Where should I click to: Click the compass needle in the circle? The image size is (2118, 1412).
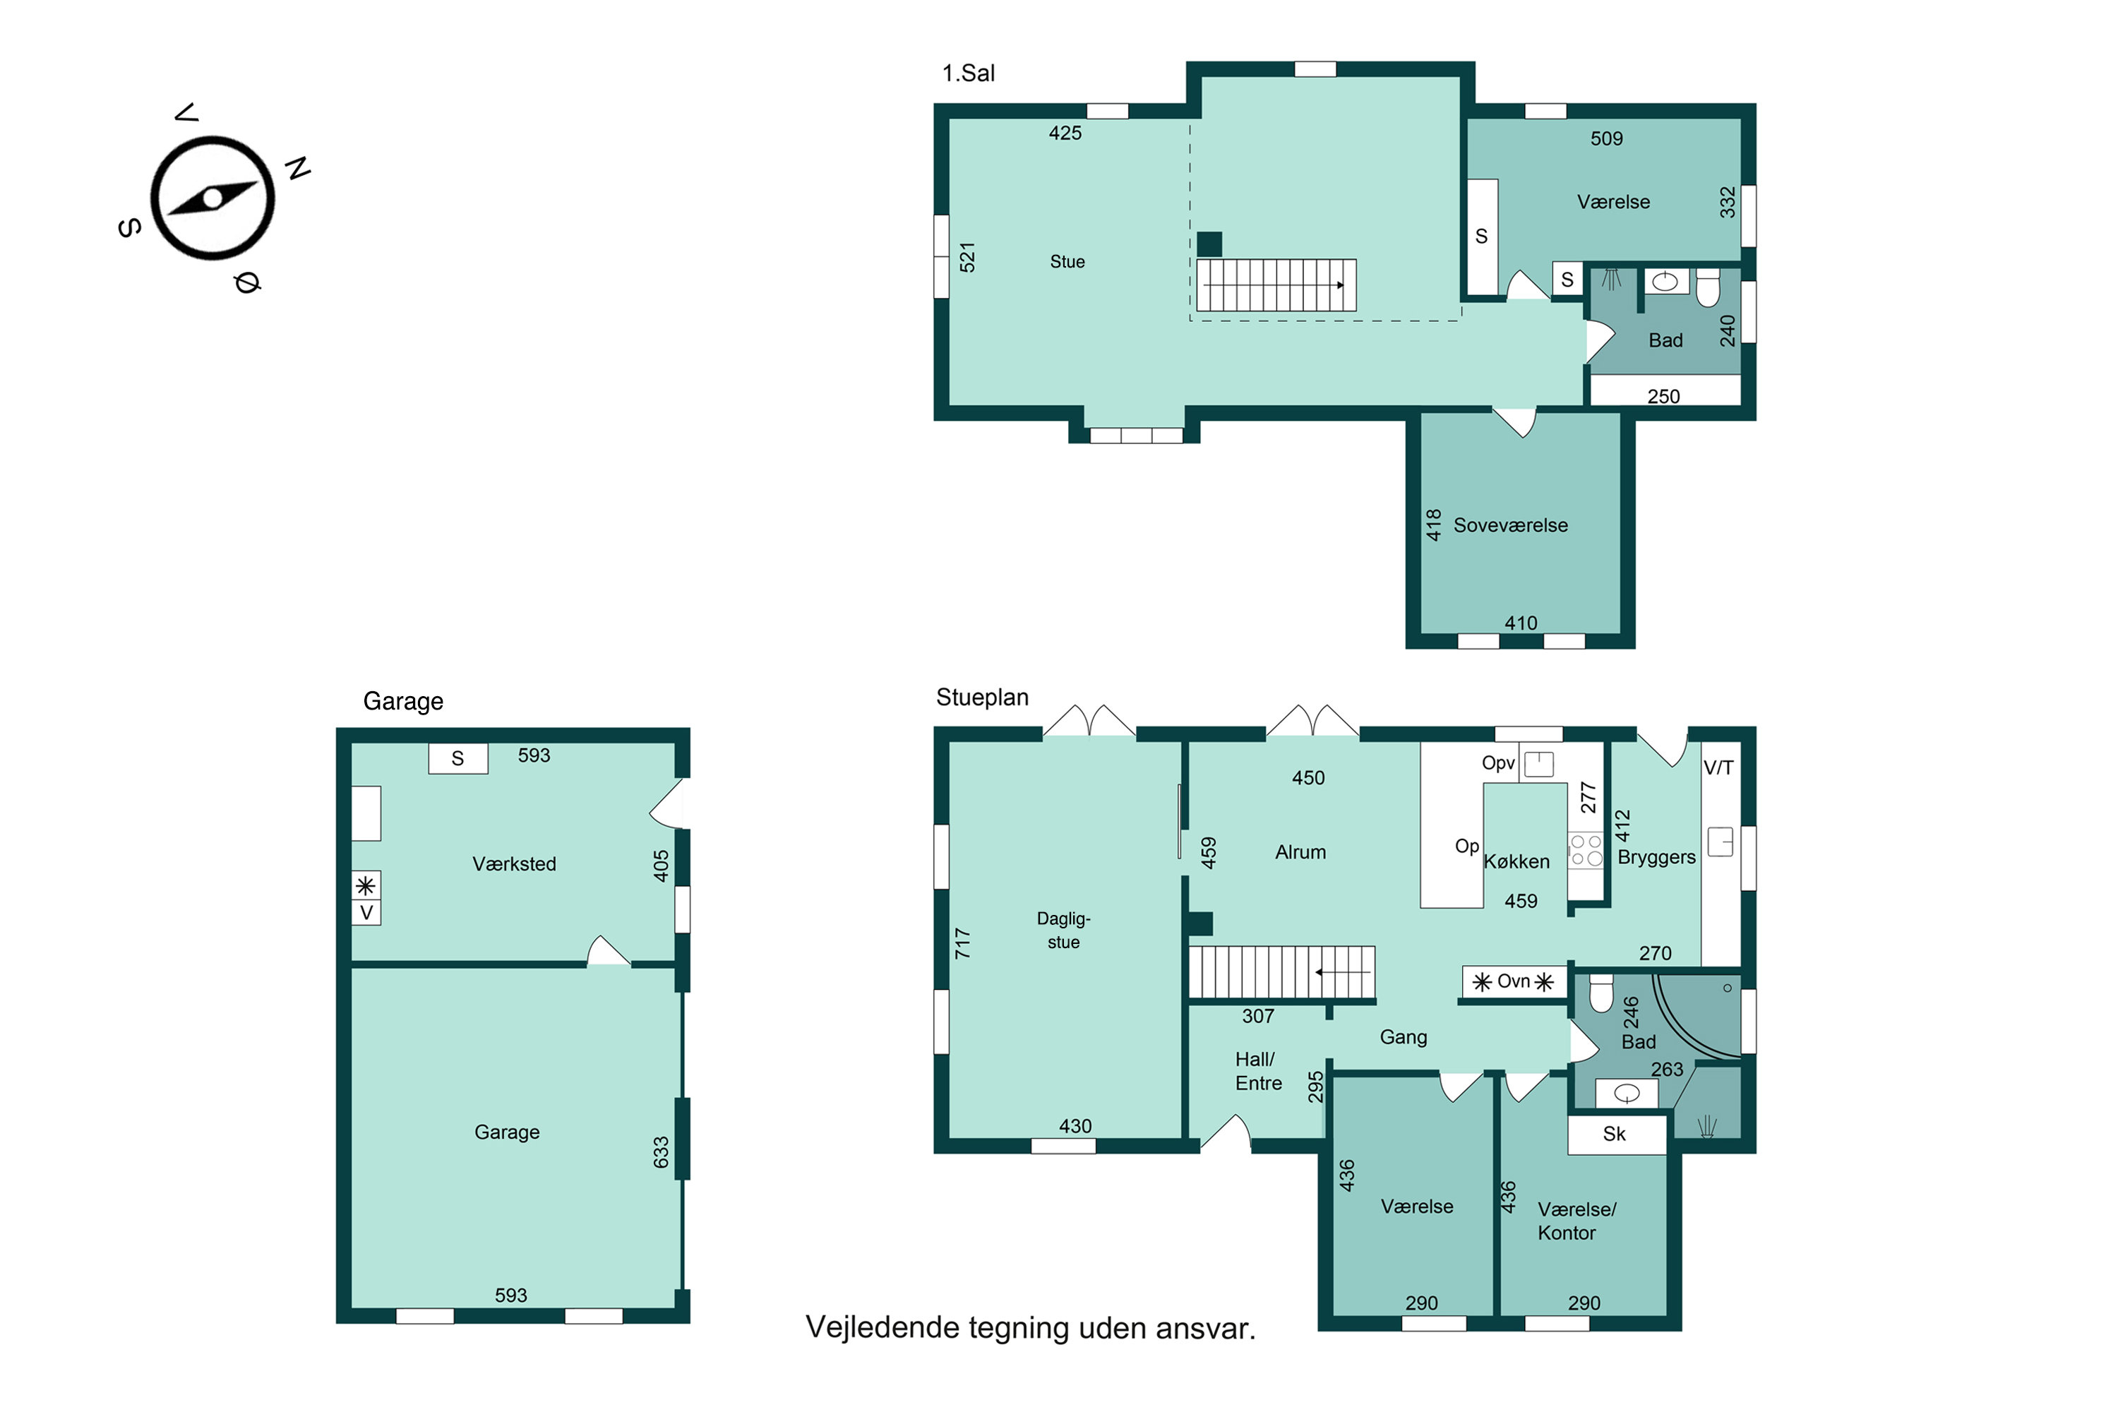213,198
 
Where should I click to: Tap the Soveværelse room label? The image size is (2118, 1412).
1510,525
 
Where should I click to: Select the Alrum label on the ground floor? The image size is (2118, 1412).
1300,852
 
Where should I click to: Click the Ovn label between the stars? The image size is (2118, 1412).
1513,981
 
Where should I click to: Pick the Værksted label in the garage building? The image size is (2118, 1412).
514,864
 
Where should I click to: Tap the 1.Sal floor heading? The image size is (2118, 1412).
968,73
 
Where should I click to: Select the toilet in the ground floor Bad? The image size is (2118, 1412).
1601,993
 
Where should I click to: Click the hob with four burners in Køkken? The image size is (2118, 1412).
1586,851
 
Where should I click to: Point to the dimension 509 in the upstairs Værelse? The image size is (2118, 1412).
1607,138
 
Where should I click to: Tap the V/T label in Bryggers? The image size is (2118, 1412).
1718,768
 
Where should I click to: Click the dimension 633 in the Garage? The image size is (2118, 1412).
661,1153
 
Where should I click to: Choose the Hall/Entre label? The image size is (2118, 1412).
1258,1072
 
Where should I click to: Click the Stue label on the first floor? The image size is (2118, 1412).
1067,262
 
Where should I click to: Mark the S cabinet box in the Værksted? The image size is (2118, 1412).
457,758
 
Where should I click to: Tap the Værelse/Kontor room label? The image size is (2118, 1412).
1576,1221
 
